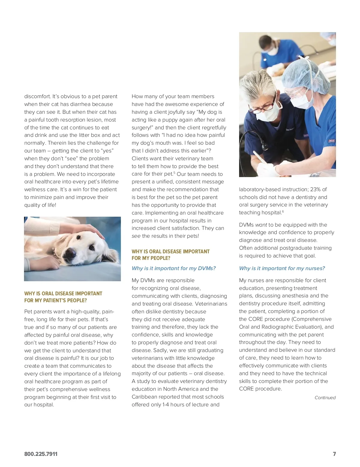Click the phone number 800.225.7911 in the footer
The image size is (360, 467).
41,454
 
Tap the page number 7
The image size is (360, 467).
334,454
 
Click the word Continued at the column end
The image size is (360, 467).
325,398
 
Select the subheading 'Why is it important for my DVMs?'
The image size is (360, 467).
173,268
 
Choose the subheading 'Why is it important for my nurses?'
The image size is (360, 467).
282,268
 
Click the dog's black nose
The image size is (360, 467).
70,254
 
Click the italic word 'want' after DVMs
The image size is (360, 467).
261,225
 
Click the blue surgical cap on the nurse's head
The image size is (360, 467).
303,75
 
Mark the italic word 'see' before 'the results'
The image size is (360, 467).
136,236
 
